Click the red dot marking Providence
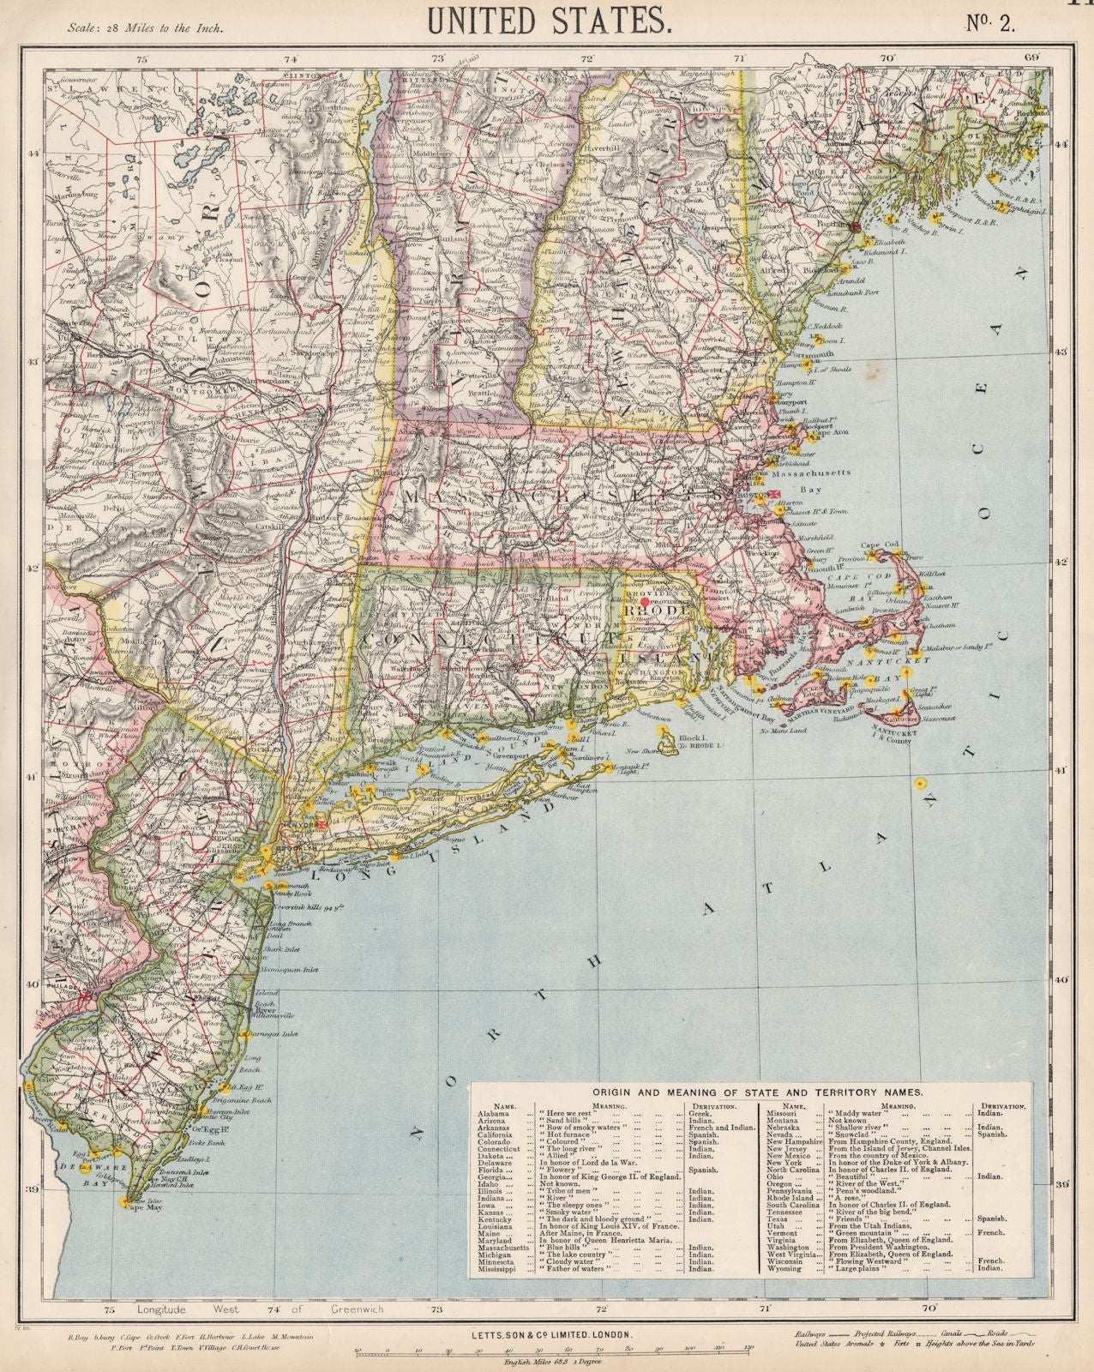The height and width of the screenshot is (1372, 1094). pyautogui.click(x=644, y=602)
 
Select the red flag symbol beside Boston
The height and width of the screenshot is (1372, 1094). pyautogui.click(x=774, y=494)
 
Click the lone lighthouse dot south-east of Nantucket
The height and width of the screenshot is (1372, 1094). pyautogui.click(x=919, y=782)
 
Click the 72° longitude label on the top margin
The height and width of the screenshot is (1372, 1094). pyautogui.click(x=587, y=59)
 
